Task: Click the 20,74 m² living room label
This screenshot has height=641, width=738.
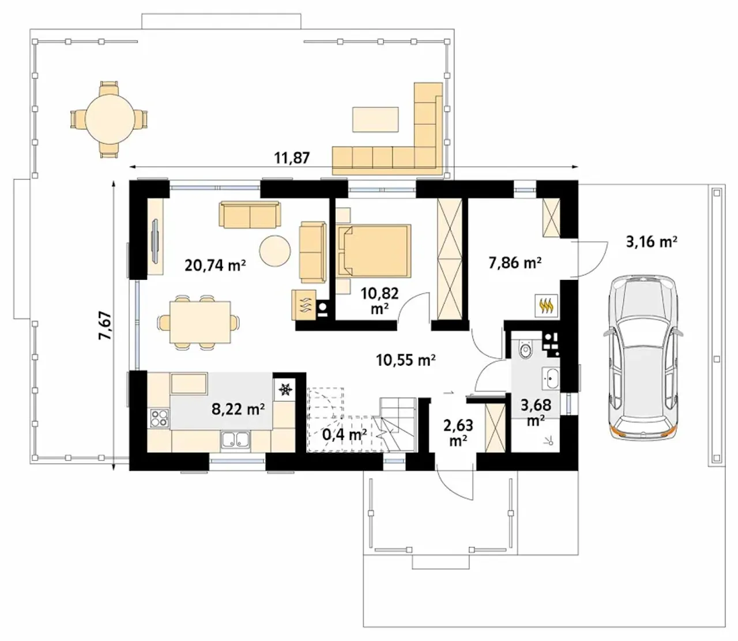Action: [215, 265]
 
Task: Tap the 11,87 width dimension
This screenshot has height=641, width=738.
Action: [292, 158]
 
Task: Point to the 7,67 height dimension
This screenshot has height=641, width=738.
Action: [106, 325]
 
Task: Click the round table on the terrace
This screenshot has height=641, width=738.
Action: [109, 118]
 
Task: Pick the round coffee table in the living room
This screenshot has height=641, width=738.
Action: [275, 250]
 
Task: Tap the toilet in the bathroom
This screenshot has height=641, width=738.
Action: [525, 350]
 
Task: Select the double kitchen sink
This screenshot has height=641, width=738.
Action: [235, 440]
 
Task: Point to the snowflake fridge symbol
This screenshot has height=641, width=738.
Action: [285, 389]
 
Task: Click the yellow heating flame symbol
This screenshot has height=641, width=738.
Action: [547, 306]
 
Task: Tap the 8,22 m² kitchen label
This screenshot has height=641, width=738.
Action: [238, 409]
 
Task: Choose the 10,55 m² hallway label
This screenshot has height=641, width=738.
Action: [406, 360]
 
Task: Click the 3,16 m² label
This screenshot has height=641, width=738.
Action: [652, 242]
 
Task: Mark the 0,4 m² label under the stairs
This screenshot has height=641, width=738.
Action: [344, 434]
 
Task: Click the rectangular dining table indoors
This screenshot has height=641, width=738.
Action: [200, 322]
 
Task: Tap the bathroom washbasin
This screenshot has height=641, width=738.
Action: [551, 378]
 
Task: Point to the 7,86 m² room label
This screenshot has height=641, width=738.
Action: [515, 263]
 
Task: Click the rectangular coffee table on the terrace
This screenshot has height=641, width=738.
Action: [375, 119]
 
